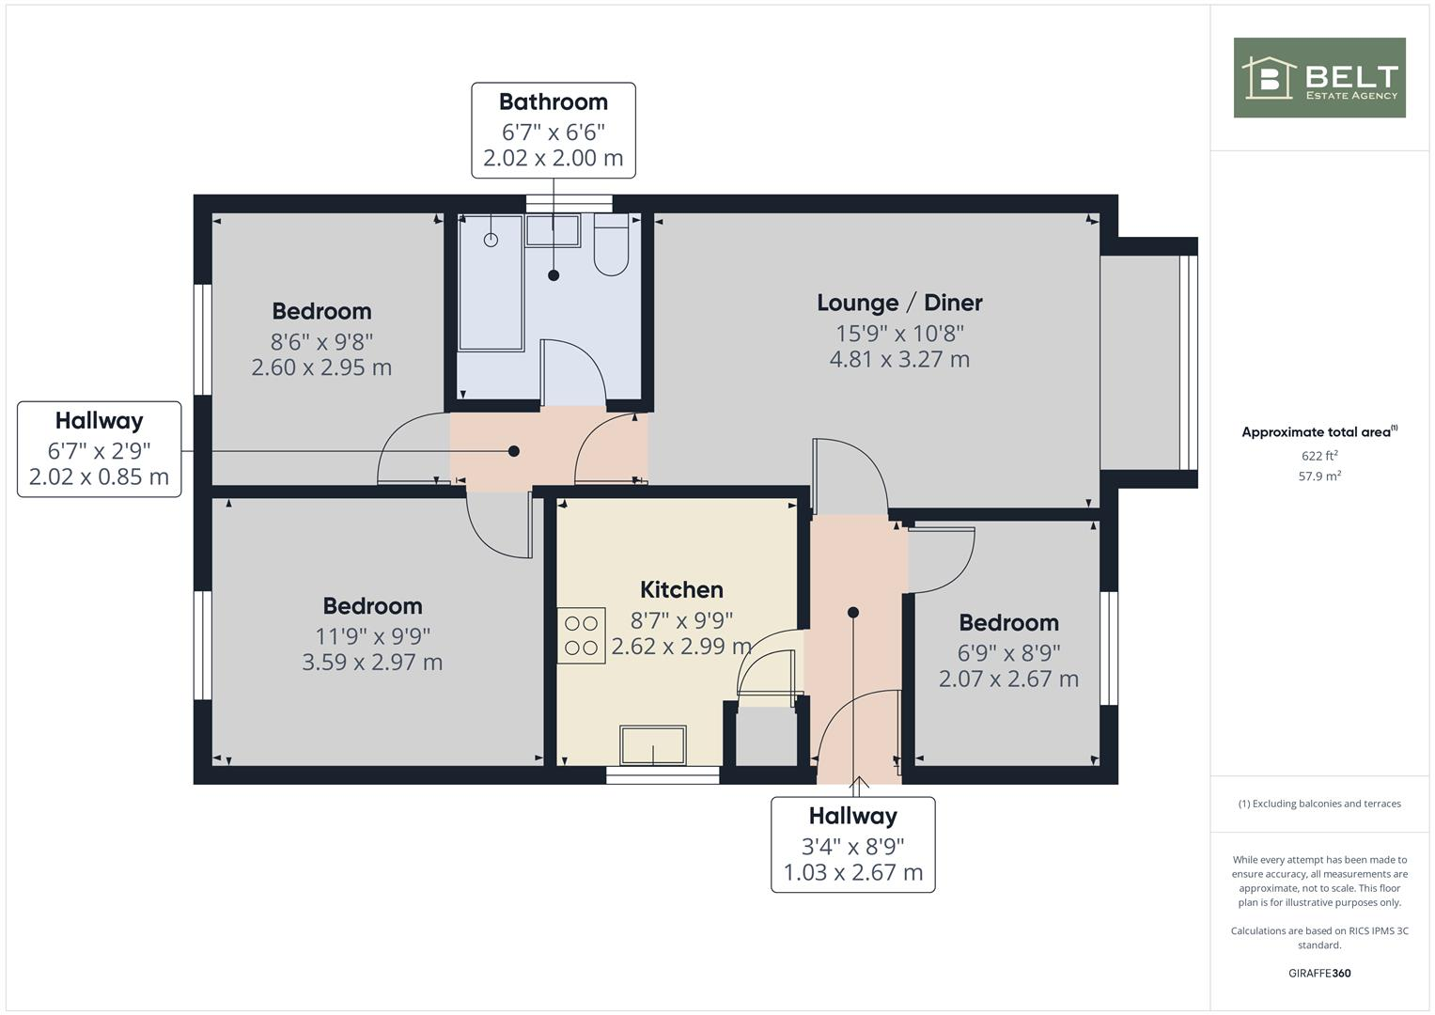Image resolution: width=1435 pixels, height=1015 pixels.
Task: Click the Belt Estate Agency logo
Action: (1318, 78)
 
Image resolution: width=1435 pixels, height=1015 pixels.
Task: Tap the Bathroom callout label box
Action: (553, 130)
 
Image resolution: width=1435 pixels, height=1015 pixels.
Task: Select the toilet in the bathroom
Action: (611, 246)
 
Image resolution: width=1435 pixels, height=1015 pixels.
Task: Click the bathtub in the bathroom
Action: (490, 282)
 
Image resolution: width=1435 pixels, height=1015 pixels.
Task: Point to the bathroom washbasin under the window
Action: (552, 230)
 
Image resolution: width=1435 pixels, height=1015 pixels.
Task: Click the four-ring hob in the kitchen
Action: (581, 635)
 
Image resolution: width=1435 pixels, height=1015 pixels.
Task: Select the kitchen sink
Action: (652, 745)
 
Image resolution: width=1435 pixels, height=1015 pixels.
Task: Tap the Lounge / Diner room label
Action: (899, 303)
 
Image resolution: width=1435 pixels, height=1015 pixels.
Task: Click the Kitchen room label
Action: (681, 590)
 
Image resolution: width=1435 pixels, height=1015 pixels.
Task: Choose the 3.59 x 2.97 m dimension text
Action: (372, 663)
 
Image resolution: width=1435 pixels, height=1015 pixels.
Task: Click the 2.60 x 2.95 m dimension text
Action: (321, 367)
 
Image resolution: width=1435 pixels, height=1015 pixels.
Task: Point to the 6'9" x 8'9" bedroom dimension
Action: (1008, 652)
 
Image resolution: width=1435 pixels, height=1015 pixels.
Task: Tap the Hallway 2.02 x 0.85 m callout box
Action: (99, 449)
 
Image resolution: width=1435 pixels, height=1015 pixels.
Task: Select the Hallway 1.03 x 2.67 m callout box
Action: (852, 844)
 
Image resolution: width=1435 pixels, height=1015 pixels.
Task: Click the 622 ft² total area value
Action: (1319, 456)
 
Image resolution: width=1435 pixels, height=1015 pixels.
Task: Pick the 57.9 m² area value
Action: (1319, 476)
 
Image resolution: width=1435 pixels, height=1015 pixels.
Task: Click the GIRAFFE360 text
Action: (1319, 973)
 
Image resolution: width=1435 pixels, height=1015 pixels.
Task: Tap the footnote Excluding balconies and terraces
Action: (1319, 804)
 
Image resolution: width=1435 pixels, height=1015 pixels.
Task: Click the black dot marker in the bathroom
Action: (554, 275)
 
